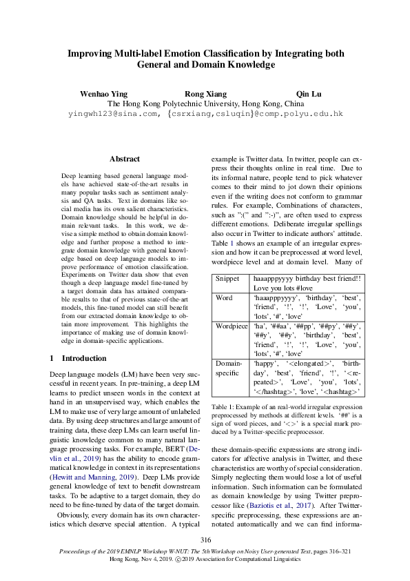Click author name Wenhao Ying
(x=104, y=93)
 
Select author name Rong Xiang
(x=205, y=93)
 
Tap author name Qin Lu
(x=305, y=93)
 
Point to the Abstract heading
(x=125, y=159)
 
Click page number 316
(x=205, y=540)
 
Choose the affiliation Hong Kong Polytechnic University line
(x=205, y=103)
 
